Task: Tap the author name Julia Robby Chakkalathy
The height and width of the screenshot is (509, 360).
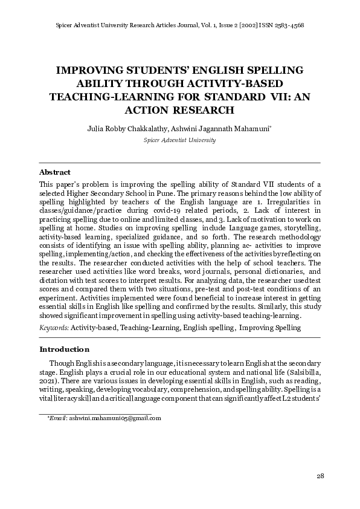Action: pyautogui.click(x=124, y=128)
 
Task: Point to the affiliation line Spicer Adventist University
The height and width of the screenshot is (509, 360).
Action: pyautogui.click(x=179, y=140)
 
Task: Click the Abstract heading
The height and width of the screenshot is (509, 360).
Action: pyautogui.click(x=54, y=172)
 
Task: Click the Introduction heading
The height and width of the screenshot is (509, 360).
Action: pyautogui.click(x=64, y=349)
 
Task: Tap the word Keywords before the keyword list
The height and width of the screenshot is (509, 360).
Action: pyautogui.click(x=53, y=328)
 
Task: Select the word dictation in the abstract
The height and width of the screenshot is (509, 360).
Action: pyautogui.click(x=54, y=280)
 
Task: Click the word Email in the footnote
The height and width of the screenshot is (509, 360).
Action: pyautogui.click(x=58, y=418)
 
